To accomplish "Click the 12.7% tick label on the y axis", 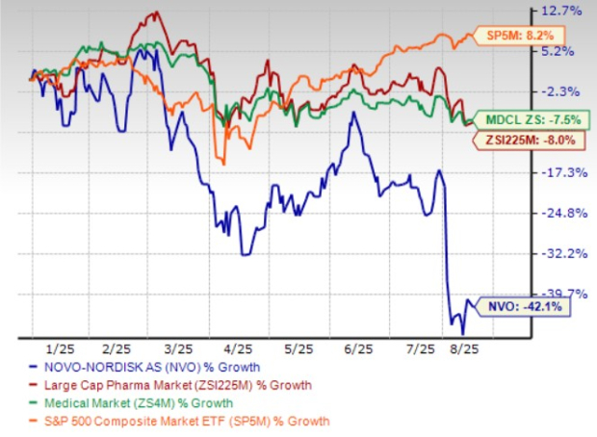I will (562, 11).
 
